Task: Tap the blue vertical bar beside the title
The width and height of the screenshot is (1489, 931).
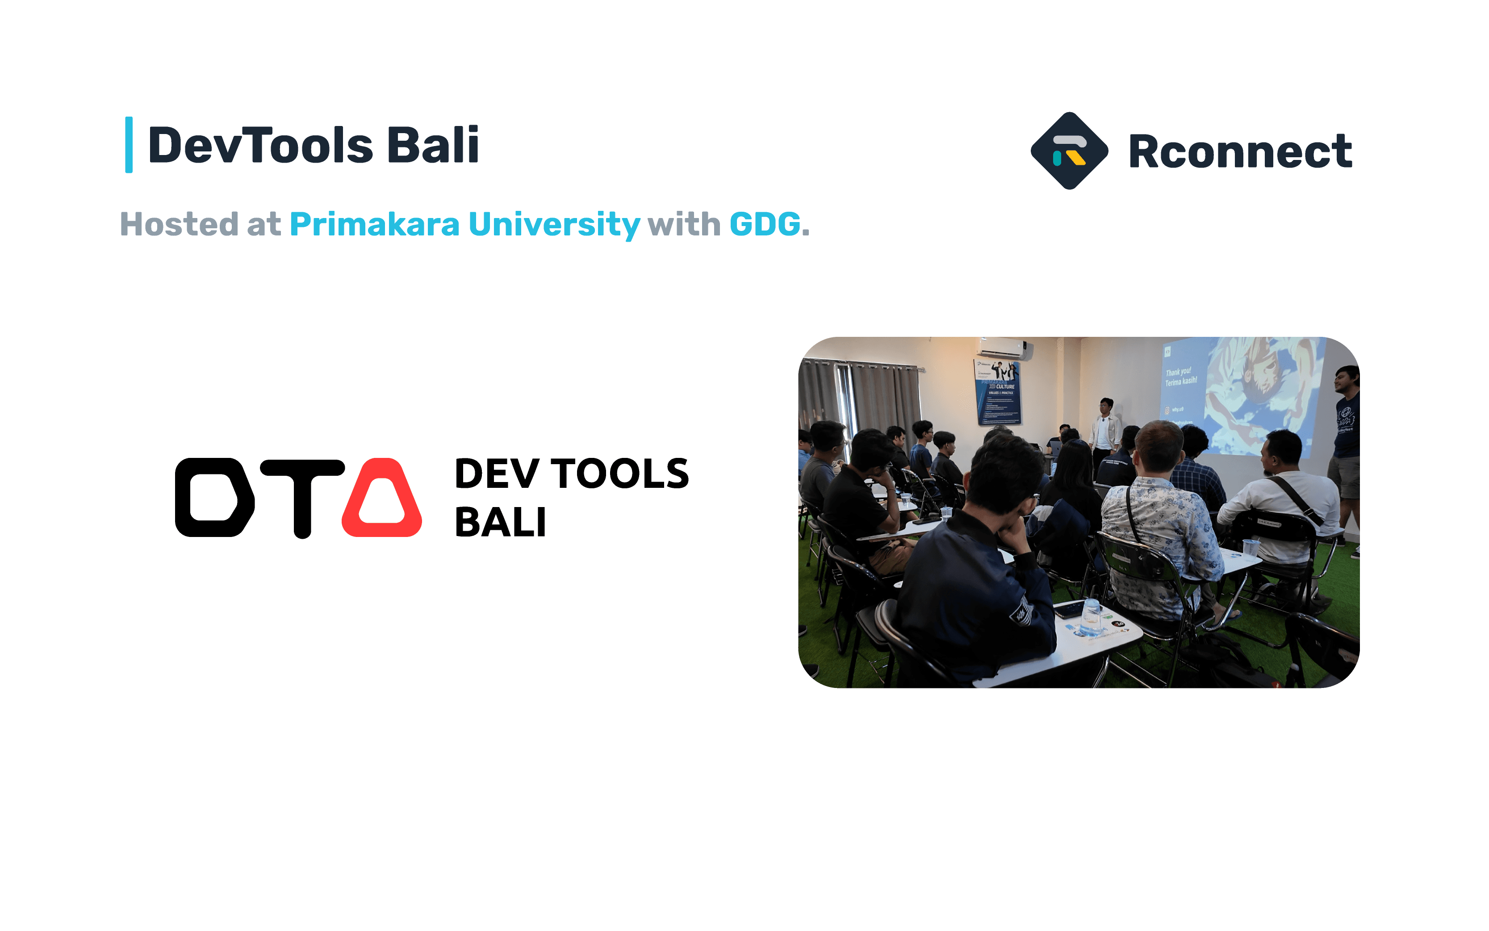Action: click(129, 145)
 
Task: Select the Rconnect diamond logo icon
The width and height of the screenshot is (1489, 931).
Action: click(1069, 151)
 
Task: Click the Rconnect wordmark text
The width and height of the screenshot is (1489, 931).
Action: click(1240, 151)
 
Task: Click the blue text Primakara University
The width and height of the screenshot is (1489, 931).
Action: click(465, 224)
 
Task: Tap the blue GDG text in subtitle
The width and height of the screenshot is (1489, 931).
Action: click(765, 224)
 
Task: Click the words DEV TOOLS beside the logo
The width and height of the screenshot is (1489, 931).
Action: click(571, 474)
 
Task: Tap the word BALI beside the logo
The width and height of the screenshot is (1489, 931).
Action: click(500, 523)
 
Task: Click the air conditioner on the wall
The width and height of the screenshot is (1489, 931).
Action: click(1004, 348)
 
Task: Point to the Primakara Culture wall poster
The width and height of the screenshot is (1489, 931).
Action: click(998, 393)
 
